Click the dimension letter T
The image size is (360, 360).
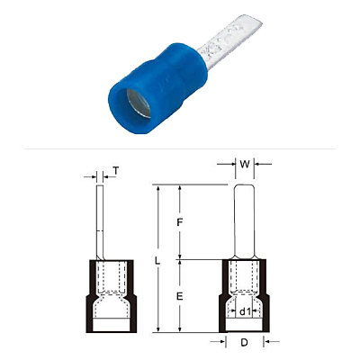(x=116, y=171)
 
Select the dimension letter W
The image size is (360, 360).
(x=245, y=165)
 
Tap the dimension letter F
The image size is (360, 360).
(x=179, y=222)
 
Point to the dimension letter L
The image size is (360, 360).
(x=157, y=260)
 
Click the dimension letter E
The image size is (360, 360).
(x=179, y=296)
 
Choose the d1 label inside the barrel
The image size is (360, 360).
(x=245, y=312)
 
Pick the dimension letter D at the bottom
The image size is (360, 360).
(x=245, y=342)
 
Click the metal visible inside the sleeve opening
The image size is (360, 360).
(x=139, y=103)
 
